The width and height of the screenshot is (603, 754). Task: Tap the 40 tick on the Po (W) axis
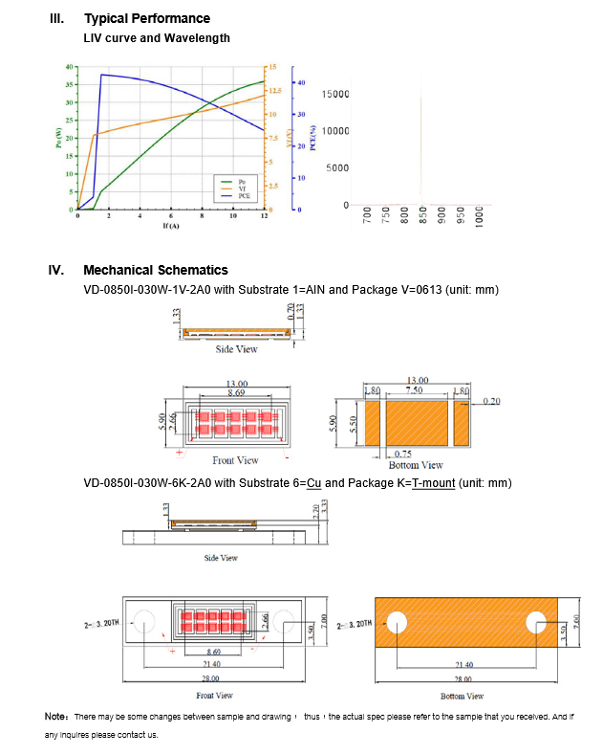point(69,67)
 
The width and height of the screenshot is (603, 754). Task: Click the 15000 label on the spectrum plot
point(335,94)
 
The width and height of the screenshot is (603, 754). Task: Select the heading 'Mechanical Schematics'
point(156,270)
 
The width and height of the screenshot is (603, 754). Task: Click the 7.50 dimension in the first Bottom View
point(416,390)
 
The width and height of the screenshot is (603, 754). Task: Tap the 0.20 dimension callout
point(491,401)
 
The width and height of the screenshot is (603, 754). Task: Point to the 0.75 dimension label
point(403,454)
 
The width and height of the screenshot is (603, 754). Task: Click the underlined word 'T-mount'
point(433,483)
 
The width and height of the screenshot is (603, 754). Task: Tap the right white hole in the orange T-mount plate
point(534,623)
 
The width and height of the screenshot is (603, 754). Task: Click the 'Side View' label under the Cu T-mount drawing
point(221,558)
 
